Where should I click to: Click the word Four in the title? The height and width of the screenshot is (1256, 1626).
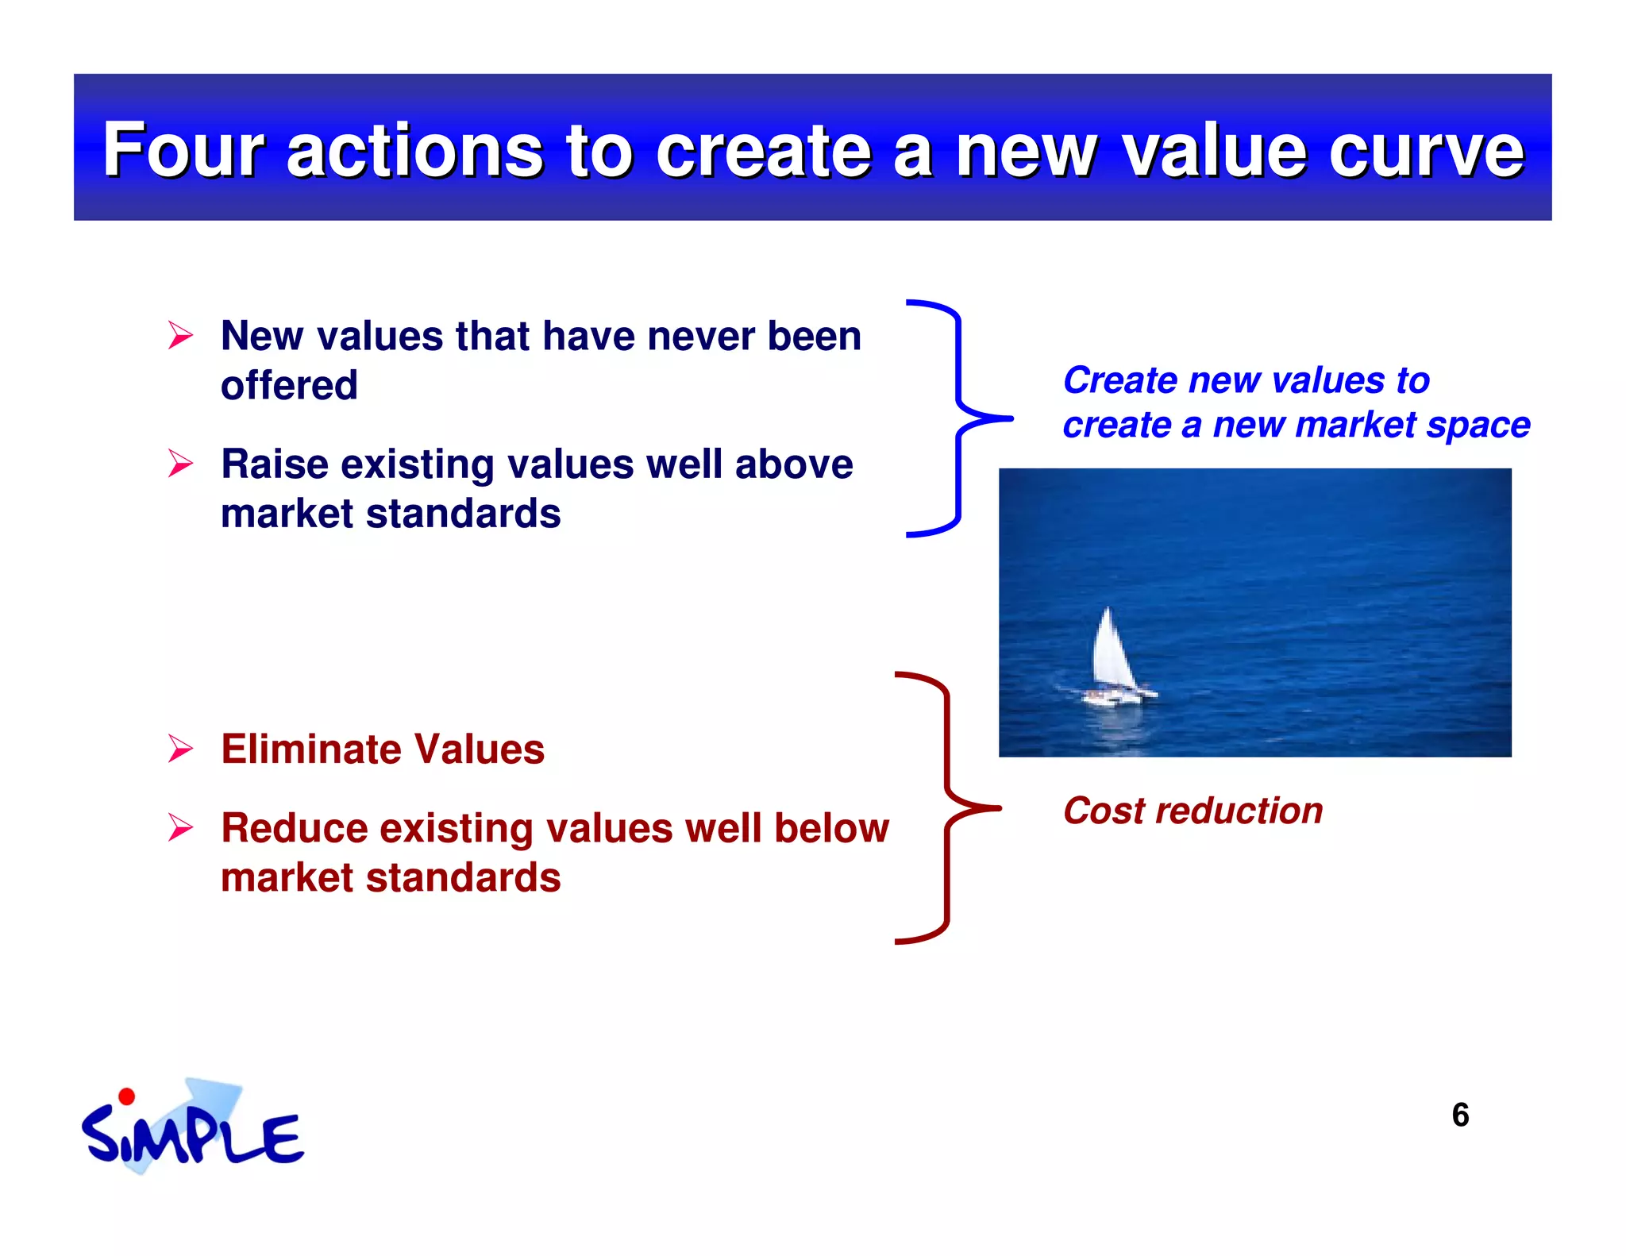tap(183, 150)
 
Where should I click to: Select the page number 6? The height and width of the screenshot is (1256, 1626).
tap(1459, 1115)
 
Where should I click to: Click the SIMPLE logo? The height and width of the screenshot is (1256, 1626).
tap(191, 1131)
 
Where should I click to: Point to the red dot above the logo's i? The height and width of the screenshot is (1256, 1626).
tap(126, 1097)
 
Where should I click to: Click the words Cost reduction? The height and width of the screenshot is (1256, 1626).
tap(1193, 811)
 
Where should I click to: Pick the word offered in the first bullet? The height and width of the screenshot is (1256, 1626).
tap(289, 386)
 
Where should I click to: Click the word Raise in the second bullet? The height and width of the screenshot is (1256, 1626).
tap(274, 464)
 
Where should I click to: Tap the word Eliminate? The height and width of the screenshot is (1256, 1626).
tap(310, 749)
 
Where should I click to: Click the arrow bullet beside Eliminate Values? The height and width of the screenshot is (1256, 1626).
tap(180, 749)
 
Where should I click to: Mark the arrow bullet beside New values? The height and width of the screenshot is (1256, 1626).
tap(180, 335)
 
